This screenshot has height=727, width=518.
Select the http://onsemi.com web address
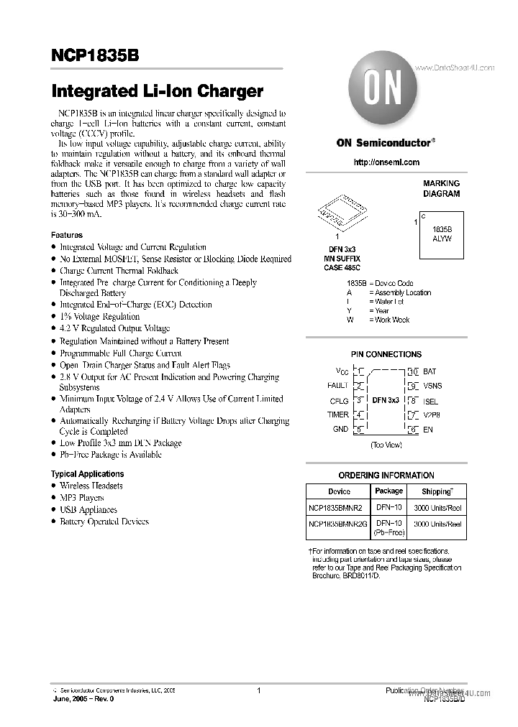pyautogui.click(x=386, y=162)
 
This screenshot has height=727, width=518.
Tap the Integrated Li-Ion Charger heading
pyautogui.click(x=158, y=92)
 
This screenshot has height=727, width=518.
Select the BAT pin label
pyautogui.click(x=430, y=371)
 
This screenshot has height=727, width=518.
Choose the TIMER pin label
pyautogui.click(x=338, y=415)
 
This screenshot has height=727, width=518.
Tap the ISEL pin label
pyautogui.click(x=431, y=401)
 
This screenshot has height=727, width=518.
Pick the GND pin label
pyautogui.click(x=340, y=429)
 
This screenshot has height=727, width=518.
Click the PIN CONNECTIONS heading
pyautogui.click(x=386, y=354)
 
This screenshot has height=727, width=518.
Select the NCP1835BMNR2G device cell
pyautogui.click(x=337, y=524)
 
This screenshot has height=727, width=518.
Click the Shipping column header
pyautogui.click(x=436, y=491)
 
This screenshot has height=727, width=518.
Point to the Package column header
pyautogui.click(x=389, y=491)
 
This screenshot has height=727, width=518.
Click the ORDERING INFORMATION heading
pyautogui.click(x=386, y=475)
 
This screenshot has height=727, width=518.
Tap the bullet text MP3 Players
pyautogui.click(x=82, y=497)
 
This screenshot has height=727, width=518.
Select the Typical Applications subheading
pyautogui.click(x=87, y=474)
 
